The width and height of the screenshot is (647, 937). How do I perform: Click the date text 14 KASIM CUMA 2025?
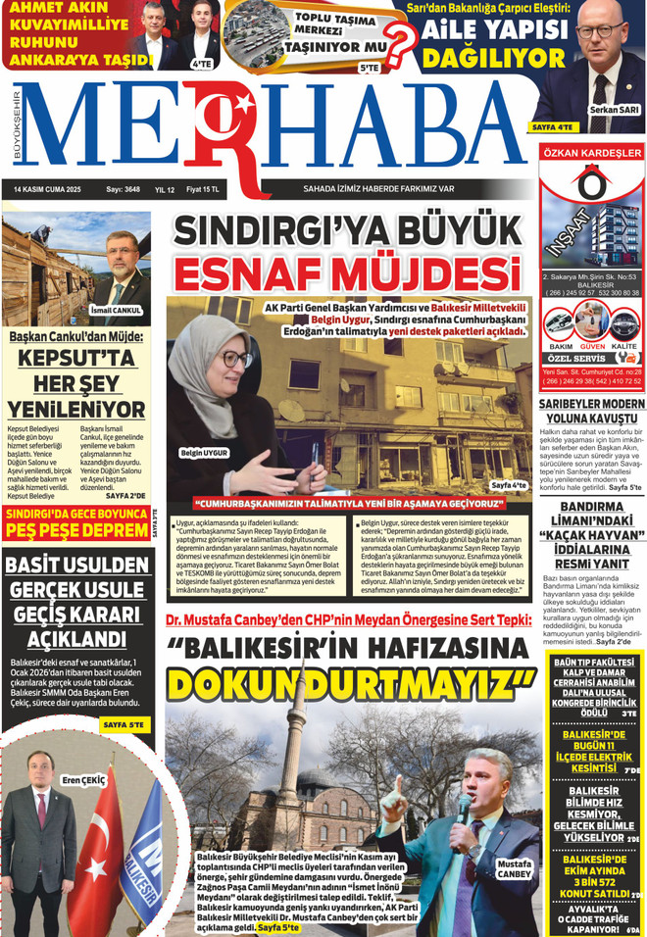click(47, 189)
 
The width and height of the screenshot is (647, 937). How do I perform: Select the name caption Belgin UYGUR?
click(204, 453)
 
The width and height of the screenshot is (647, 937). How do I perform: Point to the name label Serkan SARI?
click(615, 111)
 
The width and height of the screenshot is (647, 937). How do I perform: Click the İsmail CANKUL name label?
click(115, 311)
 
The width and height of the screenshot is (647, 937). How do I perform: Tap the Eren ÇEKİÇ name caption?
click(82, 780)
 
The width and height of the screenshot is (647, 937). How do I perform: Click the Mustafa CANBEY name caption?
click(515, 869)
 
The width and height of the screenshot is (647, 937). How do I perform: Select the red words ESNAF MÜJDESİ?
click(347, 273)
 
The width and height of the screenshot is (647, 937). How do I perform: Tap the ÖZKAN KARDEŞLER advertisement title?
click(591, 153)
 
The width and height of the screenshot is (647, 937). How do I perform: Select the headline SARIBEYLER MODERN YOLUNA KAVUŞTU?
click(591, 411)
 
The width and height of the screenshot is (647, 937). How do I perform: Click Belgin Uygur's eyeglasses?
click(235, 359)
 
